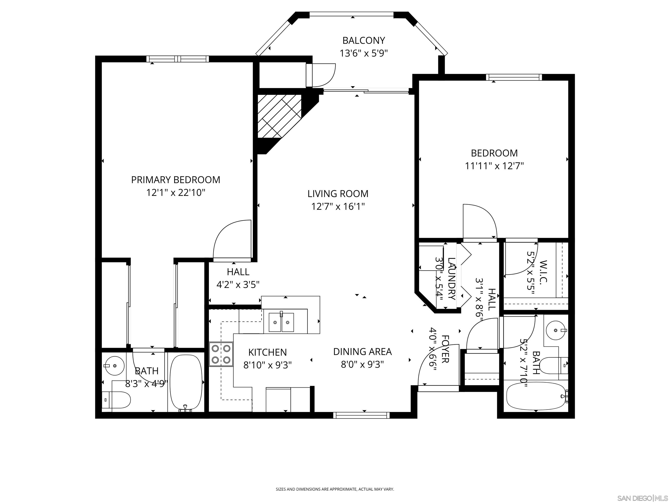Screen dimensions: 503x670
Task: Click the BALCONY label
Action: pos(364,40)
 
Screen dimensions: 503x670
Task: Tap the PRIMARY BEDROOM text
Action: pos(175,180)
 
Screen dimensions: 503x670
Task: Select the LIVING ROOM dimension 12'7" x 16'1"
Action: pos(338,207)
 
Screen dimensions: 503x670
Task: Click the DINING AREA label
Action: pos(362,352)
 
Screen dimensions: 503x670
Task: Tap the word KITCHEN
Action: pos(267,352)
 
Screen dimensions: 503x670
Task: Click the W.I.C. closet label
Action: pos(543,271)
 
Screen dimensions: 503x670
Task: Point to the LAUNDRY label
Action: pos(451,278)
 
